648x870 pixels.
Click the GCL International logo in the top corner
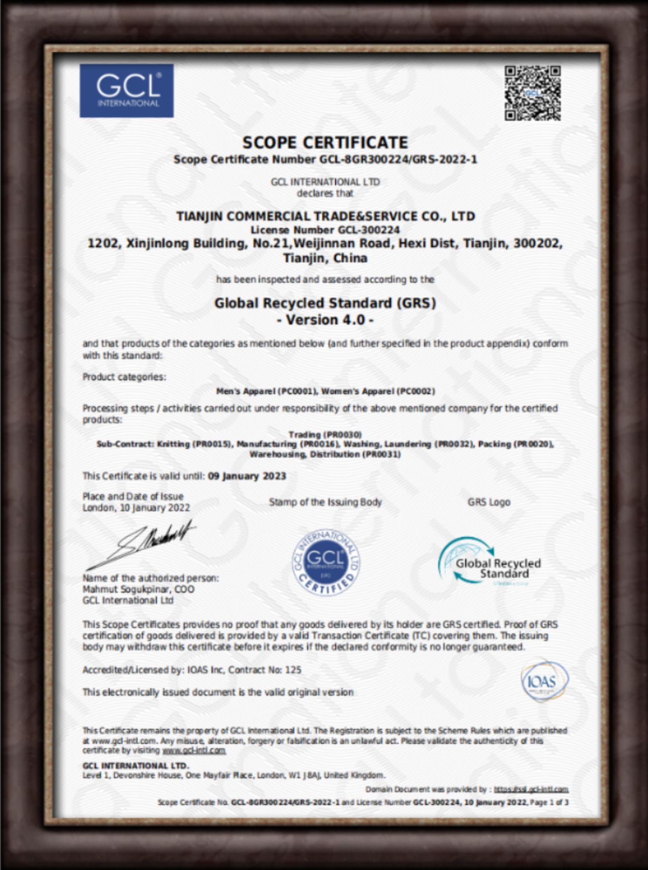[126, 90]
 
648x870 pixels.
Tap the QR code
[532, 93]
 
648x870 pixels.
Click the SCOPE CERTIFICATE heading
[325, 142]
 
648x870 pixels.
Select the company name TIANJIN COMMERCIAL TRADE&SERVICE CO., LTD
[325, 216]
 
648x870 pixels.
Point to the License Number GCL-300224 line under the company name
[325, 230]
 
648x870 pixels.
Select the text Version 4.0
[325, 319]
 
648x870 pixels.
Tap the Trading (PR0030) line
[325, 434]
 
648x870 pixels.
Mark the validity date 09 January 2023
[247, 476]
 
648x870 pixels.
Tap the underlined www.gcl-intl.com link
[193, 750]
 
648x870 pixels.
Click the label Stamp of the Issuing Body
[325, 502]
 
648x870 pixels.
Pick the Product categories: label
[124, 377]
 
